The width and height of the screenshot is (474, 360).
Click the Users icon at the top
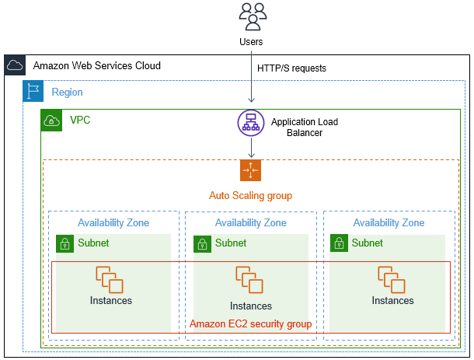(x=252, y=16)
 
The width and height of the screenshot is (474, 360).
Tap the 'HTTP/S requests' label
(x=291, y=68)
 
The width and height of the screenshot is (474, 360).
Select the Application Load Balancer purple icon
(x=252, y=123)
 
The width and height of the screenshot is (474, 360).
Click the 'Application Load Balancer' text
(x=304, y=128)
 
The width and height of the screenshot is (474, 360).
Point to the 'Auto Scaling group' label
(x=250, y=196)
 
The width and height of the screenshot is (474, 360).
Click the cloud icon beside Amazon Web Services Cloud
(x=15, y=66)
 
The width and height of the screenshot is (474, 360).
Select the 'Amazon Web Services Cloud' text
(x=96, y=66)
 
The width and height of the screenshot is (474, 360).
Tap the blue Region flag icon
(x=33, y=92)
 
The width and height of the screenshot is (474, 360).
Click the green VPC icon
(x=51, y=121)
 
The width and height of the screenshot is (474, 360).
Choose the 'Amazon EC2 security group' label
(x=250, y=324)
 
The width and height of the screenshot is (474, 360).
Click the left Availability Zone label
(x=113, y=223)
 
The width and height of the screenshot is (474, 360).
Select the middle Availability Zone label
(x=250, y=223)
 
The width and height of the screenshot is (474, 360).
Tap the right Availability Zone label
(x=389, y=223)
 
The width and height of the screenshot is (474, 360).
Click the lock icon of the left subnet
(x=65, y=244)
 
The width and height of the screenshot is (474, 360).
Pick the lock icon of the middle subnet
(x=202, y=244)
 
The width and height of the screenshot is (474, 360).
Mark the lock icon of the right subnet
(x=339, y=244)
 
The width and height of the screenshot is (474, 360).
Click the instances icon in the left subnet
(x=109, y=278)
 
